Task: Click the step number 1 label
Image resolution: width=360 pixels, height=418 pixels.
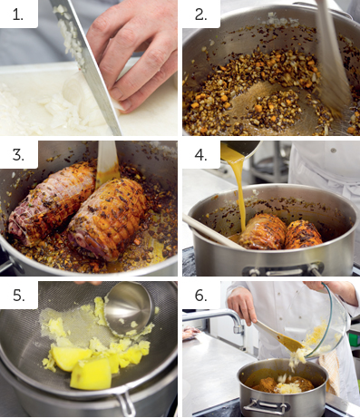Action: coord(18,15)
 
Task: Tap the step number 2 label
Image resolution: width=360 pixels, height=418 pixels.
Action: coord(201,15)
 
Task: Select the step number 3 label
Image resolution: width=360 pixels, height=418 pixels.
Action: coord(18,155)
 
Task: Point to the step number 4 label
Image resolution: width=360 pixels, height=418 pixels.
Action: coord(201,155)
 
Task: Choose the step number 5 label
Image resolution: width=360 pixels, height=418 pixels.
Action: coord(19,296)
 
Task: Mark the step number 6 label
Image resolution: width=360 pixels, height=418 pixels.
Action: coord(201,296)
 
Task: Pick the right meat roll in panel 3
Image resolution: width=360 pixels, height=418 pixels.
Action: coord(107,219)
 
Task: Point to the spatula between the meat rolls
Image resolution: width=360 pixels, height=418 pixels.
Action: coord(107,163)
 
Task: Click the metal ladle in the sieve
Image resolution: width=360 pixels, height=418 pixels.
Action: coord(129,308)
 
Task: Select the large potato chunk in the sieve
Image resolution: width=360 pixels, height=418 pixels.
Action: coord(91,374)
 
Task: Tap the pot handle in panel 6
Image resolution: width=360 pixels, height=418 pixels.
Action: coord(266,406)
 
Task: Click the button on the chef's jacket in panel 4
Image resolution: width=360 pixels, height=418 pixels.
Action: coord(333,151)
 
